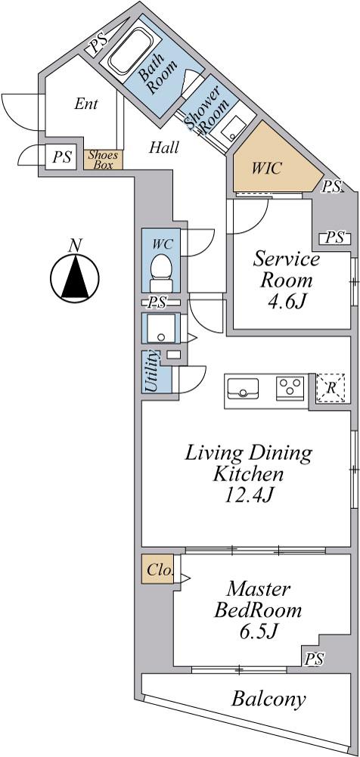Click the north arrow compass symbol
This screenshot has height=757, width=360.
(75, 278)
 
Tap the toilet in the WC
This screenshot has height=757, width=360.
(160, 272)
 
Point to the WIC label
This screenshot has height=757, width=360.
(265, 168)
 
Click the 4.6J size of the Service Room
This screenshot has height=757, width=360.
(287, 302)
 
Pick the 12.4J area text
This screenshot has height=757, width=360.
(248, 496)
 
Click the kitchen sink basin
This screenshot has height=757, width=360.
(242, 388)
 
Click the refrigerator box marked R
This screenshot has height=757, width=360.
(330, 387)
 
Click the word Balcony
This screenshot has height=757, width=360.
(268, 699)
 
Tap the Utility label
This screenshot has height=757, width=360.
(151, 371)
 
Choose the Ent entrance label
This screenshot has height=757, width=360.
(87, 104)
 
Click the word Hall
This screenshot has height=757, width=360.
(164, 147)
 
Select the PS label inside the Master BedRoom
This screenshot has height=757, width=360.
(314, 659)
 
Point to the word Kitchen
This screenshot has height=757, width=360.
(249, 474)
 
